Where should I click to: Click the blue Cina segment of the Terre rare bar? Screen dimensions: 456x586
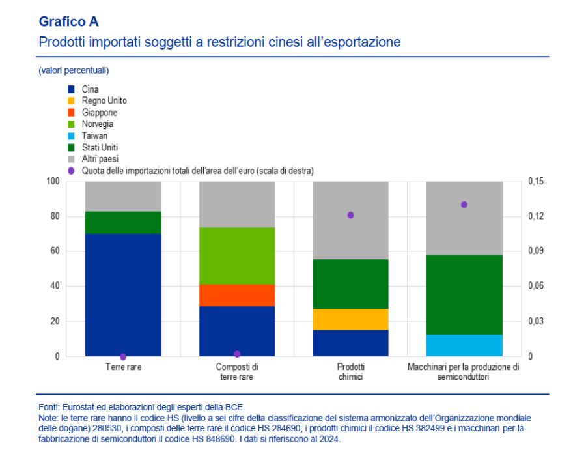123,294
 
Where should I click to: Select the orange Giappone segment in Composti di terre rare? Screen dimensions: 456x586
237,295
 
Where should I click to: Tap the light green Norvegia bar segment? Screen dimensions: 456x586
237,256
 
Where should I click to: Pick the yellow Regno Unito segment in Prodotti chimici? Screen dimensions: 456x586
350,319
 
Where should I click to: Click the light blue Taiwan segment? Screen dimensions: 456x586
464,345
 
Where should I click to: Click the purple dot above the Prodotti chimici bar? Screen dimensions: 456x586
350,215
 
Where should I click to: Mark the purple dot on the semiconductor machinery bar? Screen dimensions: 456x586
464,205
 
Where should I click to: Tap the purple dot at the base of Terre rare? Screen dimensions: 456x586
123,356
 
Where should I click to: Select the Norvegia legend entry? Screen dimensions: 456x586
98,124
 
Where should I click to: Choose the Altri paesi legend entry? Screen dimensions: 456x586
100,159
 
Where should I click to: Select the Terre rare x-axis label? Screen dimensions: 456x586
123,367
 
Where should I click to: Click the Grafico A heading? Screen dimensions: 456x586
68,21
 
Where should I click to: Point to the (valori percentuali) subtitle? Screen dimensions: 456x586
74,70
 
